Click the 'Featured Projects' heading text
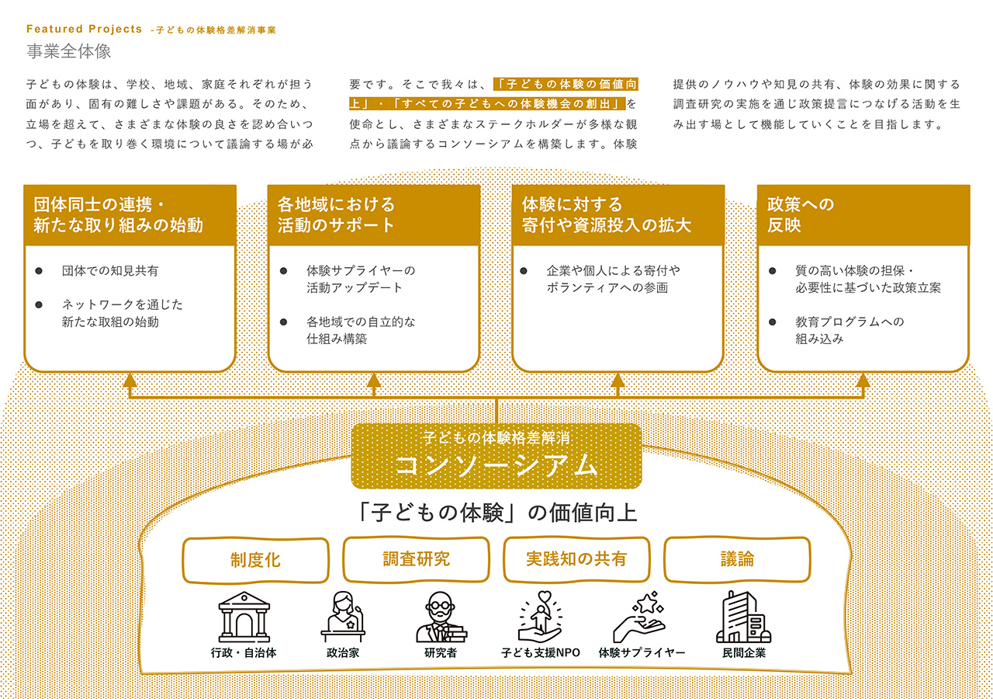click(85, 29)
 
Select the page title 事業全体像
click(69, 51)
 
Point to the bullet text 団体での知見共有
click(110, 271)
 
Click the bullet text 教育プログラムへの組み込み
click(849, 330)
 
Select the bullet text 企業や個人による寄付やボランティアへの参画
click(613, 279)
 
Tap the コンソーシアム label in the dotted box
click(496, 465)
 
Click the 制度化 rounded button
click(256, 560)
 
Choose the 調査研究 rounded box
click(417, 559)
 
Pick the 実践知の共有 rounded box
click(576, 559)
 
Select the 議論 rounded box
click(737, 559)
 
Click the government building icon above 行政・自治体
click(244, 617)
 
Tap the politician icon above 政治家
click(343, 617)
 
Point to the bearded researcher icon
click(441, 617)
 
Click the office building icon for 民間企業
click(743, 617)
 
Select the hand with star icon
click(640, 617)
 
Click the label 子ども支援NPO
click(541, 653)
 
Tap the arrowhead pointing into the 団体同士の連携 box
click(130, 380)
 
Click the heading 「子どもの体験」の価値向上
click(496, 513)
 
